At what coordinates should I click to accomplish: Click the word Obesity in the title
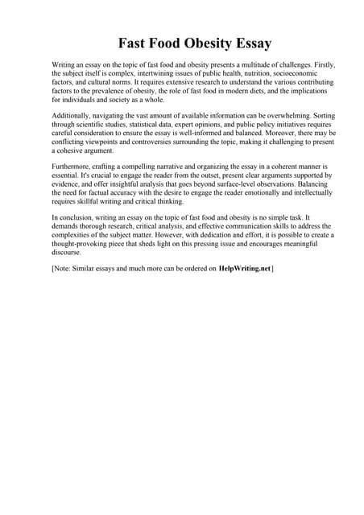(x=192, y=42)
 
